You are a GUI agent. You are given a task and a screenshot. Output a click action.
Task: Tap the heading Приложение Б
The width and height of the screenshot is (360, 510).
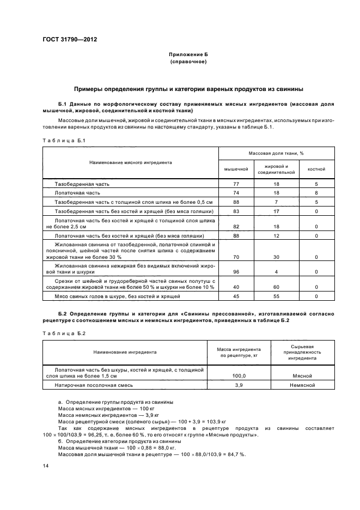(188, 55)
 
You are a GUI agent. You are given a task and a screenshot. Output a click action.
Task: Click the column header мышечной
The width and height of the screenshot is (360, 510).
(236, 169)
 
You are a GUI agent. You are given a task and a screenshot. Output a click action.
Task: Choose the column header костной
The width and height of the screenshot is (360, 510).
(316, 169)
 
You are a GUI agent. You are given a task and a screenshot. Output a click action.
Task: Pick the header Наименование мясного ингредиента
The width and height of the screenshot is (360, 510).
(131, 162)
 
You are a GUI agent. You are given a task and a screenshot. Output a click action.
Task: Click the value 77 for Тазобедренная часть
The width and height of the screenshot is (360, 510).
(236, 185)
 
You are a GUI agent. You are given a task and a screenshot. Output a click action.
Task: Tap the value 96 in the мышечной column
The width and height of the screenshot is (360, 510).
(236, 271)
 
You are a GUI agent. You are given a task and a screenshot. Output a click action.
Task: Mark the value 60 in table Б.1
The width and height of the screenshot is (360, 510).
(276, 287)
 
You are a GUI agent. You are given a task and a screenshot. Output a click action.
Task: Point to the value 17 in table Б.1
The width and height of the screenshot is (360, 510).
(276, 211)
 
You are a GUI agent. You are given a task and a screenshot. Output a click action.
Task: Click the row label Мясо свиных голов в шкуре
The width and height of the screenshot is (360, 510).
(117, 296)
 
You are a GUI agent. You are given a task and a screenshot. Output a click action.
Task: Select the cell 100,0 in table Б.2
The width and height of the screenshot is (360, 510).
(239, 376)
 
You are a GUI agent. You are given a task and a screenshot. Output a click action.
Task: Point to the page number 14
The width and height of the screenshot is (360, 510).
(46, 466)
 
